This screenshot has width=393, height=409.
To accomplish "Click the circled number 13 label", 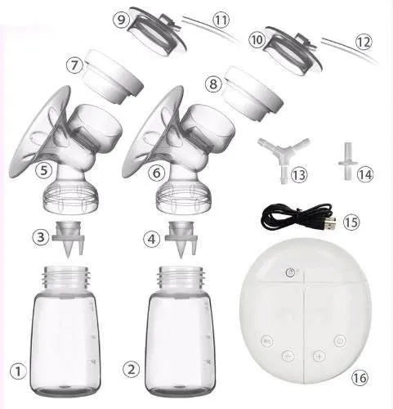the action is [x=299, y=174].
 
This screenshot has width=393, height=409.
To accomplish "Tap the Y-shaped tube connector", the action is [x=284, y=155].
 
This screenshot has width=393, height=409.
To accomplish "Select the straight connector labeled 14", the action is [x=347, y=161].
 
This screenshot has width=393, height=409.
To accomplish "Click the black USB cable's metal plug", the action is [x=330, y=224].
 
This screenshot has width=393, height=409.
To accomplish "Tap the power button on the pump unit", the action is [x=340, y=341].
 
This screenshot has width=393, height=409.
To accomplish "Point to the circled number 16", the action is [x=360, y=378].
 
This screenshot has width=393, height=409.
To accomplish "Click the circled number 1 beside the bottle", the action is [x=18, y=371].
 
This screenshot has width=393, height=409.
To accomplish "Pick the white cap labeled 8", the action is [x=253, y=92].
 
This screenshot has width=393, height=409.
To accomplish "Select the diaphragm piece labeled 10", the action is [x=293, y=51].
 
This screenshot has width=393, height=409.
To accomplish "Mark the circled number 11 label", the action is [x=221, y=20].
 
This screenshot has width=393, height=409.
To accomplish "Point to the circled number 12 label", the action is [x=364, y=42].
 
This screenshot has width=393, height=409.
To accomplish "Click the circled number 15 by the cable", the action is [x=351, y=222].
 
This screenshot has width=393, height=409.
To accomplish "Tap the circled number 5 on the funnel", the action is [x=43, y=170].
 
